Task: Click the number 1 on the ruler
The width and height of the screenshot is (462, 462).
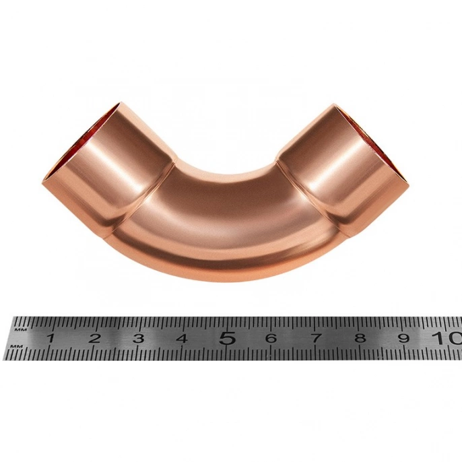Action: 51,338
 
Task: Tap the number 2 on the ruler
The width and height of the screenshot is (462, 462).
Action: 94,338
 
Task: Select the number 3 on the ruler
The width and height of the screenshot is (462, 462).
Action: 138,338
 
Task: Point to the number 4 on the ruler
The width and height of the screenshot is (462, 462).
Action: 182,338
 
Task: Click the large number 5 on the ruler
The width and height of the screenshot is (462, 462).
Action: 228,338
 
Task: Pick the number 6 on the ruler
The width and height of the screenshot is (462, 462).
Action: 271,338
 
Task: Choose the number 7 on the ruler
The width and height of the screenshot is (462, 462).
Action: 316,338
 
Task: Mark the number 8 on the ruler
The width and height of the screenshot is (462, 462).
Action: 360,338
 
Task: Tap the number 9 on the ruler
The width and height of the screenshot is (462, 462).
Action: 404,338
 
